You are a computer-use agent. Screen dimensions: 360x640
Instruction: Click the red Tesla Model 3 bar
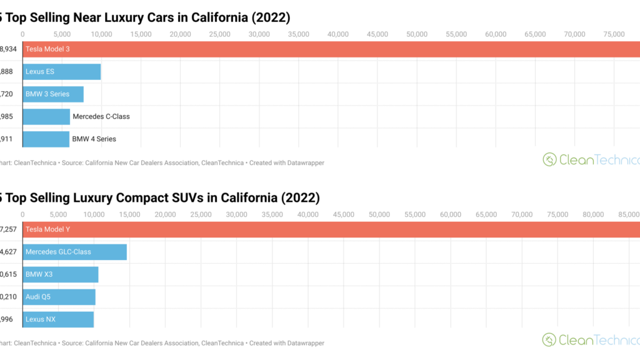click(x=331, y=49)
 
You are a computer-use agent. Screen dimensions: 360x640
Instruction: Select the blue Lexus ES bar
click(x=61, y=72)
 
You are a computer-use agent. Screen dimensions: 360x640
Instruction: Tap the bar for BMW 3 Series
click(x=53, y=94)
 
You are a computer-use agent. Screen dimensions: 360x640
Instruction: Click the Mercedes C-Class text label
click(x=101, y=117)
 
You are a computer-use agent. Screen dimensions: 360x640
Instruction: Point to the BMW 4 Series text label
click(x=94, y=139)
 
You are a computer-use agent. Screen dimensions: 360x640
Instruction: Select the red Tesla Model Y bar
click(x=331, y=229)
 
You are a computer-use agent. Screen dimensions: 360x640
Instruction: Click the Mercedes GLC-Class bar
click(x=75, y=252)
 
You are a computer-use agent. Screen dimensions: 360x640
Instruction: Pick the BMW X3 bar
click(x=60, y=274)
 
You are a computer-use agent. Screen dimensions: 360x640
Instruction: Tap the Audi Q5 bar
click(x=59, y=297)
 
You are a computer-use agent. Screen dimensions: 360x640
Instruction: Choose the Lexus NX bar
click(x=58, y=319)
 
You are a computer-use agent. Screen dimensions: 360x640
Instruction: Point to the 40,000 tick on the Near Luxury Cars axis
click(x=338, y=34)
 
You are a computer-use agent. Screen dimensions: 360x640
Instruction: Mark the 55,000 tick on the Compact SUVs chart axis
click(x=415, y=214)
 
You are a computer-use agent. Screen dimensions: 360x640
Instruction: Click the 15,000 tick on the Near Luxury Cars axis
click(x=141, y=34)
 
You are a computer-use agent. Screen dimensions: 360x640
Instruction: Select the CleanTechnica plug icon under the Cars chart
click(x=549, y=160)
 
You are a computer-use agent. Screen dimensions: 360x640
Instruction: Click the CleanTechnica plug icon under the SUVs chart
click(x=549, y=340)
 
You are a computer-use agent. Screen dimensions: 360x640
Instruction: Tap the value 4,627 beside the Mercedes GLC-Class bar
click(x=9, y=252)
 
